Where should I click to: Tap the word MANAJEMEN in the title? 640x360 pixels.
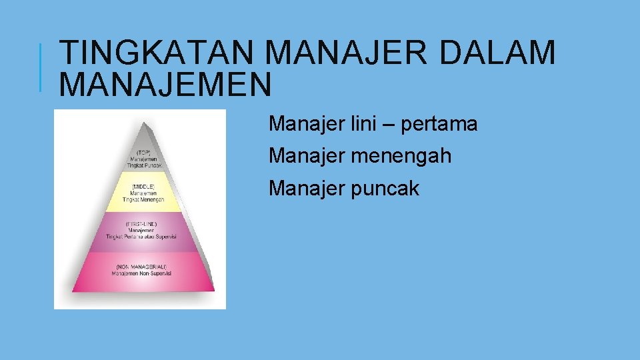tap(165, 84)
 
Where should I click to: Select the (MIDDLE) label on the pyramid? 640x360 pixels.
tap(144, 186)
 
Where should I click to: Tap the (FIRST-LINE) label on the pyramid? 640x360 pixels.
tap(141, 224)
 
